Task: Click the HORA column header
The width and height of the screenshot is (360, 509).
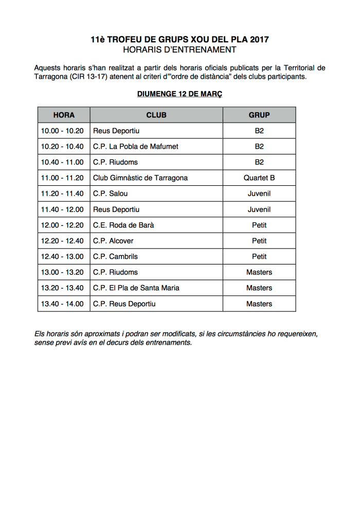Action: pos(64,115)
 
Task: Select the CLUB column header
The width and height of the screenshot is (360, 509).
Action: pos(156,115)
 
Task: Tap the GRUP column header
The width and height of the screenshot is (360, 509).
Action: pos(259,115)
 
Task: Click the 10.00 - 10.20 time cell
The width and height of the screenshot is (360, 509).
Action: pos(62,131)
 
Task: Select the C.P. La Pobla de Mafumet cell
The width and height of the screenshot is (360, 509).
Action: pos(136,146)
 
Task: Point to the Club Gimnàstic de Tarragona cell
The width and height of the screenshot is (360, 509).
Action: pos(140,178)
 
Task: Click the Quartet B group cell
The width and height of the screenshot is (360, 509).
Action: pos(259,178)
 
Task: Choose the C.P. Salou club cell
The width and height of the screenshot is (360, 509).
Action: pos(110,194)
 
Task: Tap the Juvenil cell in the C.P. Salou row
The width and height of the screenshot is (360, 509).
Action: pos(259,194)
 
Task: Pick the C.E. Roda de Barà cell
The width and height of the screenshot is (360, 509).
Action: pos(123,225)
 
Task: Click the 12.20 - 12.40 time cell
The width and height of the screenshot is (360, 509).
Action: pos(62,241)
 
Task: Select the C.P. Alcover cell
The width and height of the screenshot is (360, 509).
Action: pos(113,241)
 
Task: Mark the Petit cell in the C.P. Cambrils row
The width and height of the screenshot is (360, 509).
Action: pos(259,256)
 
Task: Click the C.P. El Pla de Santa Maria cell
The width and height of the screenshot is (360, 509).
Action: pos(136,288)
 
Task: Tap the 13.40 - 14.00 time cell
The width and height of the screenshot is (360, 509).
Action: pos(62,304)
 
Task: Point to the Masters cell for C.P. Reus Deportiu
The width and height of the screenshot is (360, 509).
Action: pos(259,304)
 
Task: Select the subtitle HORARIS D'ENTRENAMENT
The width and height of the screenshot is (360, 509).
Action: pos(179,50)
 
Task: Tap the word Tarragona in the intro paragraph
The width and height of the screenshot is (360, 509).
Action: pos(52,77)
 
